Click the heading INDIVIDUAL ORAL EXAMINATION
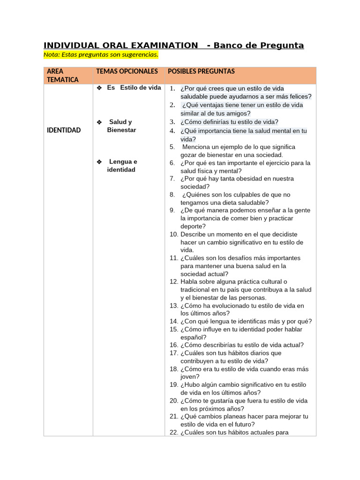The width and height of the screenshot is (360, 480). click(x=120, y=45)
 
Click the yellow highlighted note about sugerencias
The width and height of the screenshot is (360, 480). click(x=101, y=55)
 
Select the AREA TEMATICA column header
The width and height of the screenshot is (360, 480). click(x=63, y=75)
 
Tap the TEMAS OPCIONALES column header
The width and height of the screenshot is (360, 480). click(x=127, y=71)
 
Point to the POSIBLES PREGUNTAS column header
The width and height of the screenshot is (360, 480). click(x=201, y=71)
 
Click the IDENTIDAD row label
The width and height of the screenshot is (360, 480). click(x=64, y=130)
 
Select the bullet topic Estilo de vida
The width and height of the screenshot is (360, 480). click(x=134, y=88)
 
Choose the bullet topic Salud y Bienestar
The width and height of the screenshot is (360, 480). click(x=121, y=126)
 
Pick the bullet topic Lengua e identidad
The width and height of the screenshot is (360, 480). click(x=121, y=165)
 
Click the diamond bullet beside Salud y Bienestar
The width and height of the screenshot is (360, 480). click(x=99, y=122)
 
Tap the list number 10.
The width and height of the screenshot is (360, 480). click(x=173, y=234)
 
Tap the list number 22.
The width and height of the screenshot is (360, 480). click(x=173, y=432)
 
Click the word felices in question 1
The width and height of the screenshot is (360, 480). click(x=299, y=97)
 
